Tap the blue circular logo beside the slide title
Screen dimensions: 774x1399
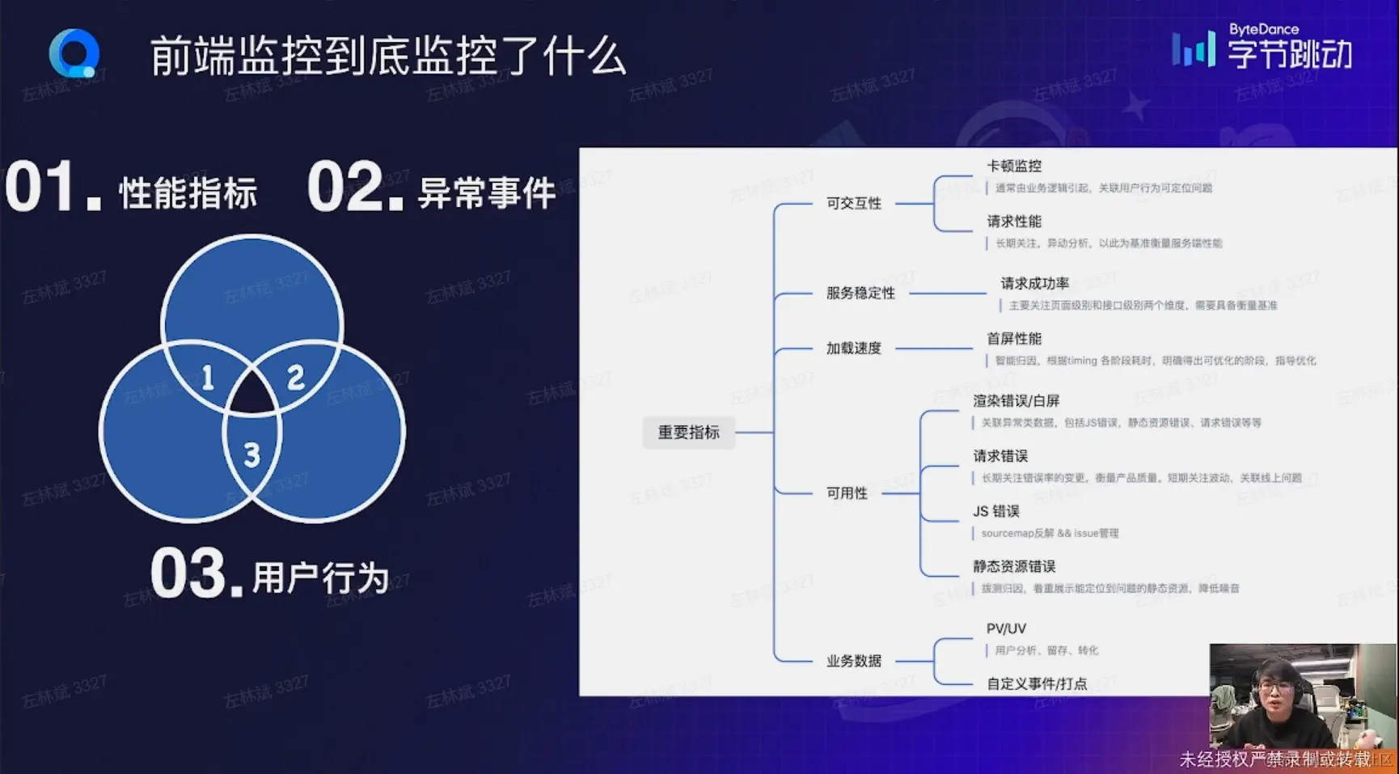[x=74, y=53]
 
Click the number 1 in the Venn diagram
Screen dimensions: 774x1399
[x=208, y=378]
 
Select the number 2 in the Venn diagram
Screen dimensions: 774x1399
[x=296, y=377]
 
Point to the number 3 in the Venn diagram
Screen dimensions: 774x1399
[x=252, y=455]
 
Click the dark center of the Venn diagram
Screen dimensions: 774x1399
[x=252, y=398]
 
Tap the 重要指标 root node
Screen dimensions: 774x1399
[x=688, y=433]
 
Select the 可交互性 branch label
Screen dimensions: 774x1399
[x=854, y=203]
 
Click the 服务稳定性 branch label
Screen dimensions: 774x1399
[x=860, y=293]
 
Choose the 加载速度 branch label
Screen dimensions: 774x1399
[x=854, y=348]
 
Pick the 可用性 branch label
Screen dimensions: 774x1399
[x=847, y=493]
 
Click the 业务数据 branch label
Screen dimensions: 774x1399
[x=854, y=661]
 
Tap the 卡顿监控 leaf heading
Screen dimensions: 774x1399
[x=1014, y=166]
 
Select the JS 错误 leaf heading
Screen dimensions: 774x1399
[x=996, y=511]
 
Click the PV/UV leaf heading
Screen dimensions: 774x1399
[x=1006, y=628]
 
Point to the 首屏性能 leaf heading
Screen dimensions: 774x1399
[x=1014, y=338]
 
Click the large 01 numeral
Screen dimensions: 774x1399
[x=40, y=188]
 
